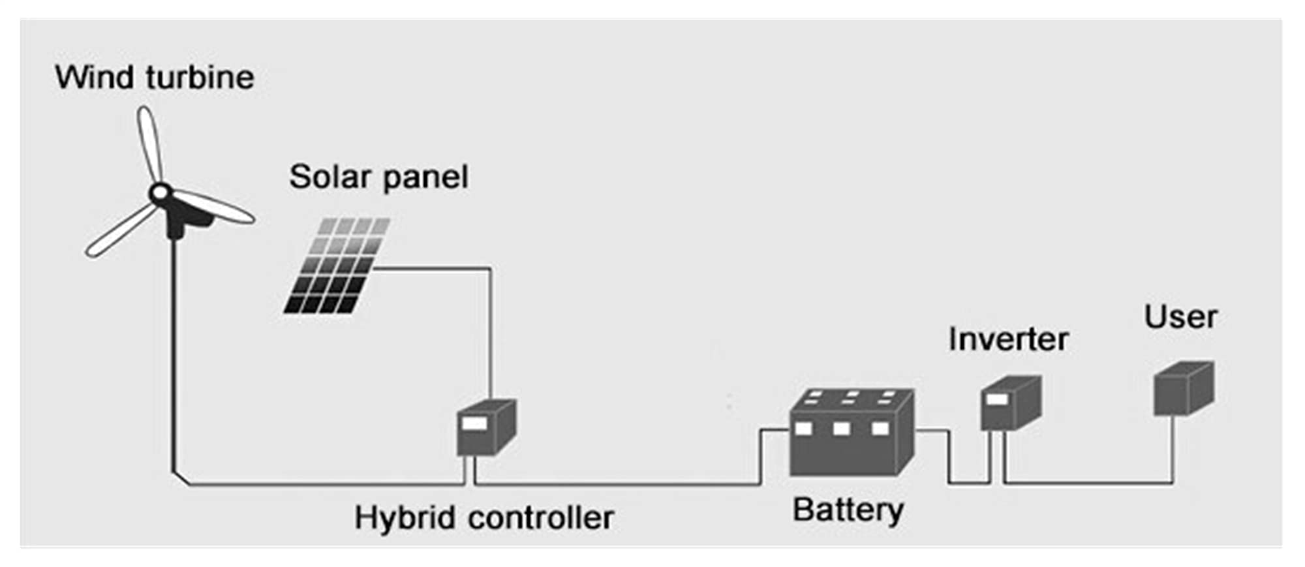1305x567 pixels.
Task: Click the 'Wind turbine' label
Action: [155, 77]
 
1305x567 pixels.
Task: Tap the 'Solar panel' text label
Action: [379, 177]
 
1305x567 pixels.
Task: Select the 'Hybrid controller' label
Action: [484, 518]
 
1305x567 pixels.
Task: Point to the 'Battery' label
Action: [848, 510]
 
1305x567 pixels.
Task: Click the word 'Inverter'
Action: [1009, 339]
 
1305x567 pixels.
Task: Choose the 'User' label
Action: [1181, 317]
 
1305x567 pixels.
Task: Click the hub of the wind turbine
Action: [160, 193]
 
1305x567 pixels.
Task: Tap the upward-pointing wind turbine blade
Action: [150, 144]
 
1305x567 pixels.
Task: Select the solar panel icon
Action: [337, 266]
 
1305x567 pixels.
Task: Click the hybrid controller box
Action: [487, 427]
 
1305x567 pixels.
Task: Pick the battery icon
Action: [852, 432]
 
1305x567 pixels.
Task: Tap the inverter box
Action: [1011, 403]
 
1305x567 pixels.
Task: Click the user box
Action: [1184, 389]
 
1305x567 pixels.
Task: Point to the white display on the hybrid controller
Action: [474, 424]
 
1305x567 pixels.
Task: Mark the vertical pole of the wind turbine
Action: [174, 356]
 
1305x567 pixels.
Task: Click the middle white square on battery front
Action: [842, 429]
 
